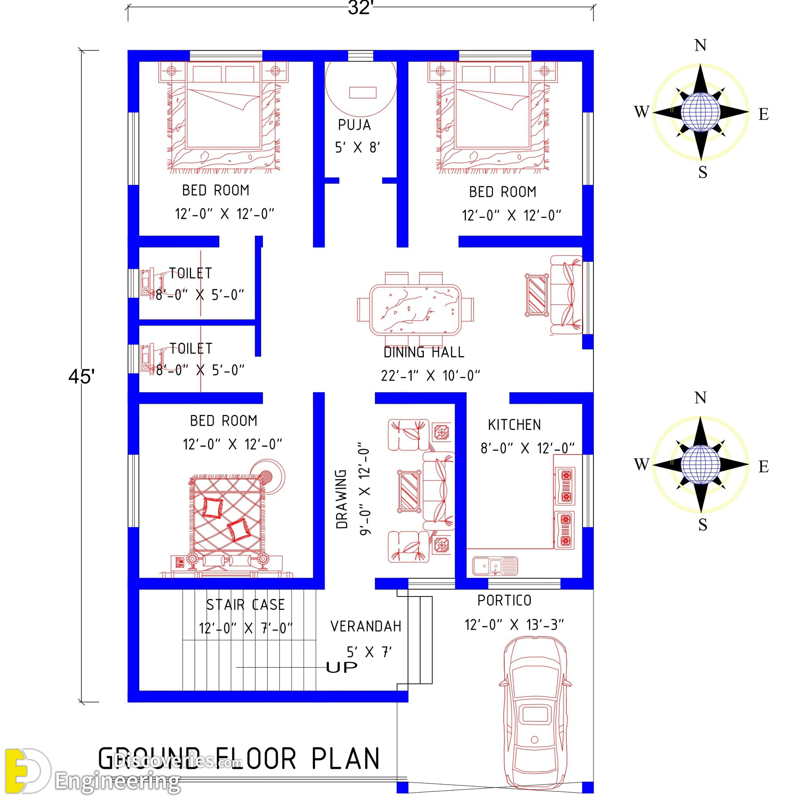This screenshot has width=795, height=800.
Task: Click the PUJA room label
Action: coord(354,125)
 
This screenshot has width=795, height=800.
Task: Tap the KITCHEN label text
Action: coord(514,425)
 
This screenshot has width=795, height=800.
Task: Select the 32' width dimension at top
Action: coord(360,8)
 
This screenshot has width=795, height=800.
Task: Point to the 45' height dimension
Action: coord(81,376)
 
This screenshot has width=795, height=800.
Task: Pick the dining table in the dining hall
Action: coord(415,310)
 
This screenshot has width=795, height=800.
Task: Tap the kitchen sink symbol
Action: coord(495,566)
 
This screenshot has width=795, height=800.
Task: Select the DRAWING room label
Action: coord(342,499)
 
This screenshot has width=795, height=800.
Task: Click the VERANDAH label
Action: coord(366,627)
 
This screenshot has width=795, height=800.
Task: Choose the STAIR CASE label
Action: coord(246,605)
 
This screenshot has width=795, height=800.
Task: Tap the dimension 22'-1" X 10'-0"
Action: coord(431,376)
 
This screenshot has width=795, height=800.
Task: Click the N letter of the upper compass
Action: coord(700,45)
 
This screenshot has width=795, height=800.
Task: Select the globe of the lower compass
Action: coord(700,464)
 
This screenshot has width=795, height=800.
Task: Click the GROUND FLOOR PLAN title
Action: coord(239,759)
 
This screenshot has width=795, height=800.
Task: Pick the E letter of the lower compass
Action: coord(763,467)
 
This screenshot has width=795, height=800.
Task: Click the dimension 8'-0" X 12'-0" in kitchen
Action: coord(527,448)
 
